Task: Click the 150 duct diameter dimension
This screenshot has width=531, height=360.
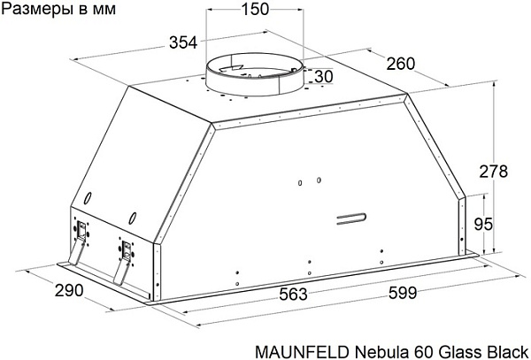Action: coord(255,9)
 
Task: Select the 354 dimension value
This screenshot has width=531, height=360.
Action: coord(183,43)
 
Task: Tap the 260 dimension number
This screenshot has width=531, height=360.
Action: coord(401,64)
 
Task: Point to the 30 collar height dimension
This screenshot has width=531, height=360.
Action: coord(324,76)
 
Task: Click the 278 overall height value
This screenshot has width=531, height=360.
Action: coord(494,172)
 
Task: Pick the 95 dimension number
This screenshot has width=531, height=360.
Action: coord(483,225)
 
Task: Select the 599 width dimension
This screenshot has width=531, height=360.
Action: coord(403,293)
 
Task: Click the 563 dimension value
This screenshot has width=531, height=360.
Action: coord(293,294)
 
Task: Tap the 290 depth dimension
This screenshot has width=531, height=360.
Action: coord(69,290)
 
